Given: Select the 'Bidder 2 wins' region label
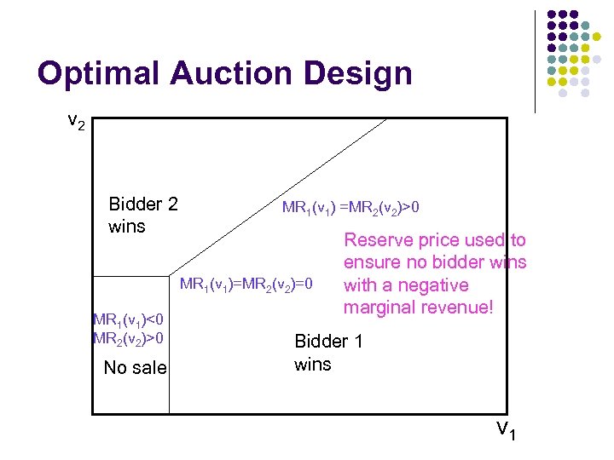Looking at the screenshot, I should click(142, 215).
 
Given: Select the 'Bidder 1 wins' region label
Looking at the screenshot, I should click(328, 353).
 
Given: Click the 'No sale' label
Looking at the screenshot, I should click(135, 368).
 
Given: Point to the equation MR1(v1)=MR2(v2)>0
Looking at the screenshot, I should click(350, 208).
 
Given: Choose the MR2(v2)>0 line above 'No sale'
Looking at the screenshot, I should click(128, 338).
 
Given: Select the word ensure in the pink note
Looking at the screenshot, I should click(371, 262).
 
